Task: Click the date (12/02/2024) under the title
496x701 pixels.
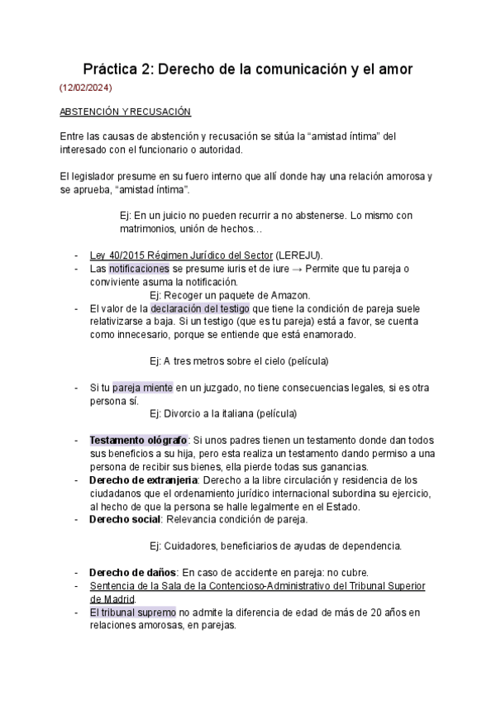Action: point(86,87)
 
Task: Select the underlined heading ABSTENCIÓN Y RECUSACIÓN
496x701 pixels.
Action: point(126,112)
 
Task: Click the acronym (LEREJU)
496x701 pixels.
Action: point(299,255)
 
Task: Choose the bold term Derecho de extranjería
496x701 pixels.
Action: point(143,479)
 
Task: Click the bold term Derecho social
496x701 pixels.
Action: point(125,519)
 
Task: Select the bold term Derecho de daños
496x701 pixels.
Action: point(132,572)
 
